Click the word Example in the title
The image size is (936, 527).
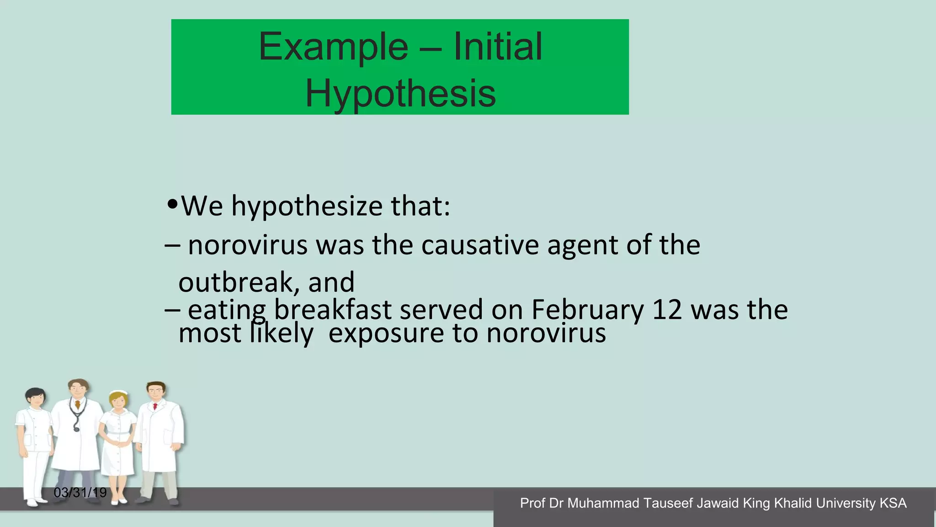click(x=333, y=47)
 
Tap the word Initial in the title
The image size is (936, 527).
click(x=498, y=47)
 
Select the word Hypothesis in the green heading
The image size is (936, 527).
click(x=400, y=93)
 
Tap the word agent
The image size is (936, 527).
click(x=582, y=246)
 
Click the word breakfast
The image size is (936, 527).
click(x=332, y=310)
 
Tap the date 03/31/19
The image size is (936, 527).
click(x=80, y=493)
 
